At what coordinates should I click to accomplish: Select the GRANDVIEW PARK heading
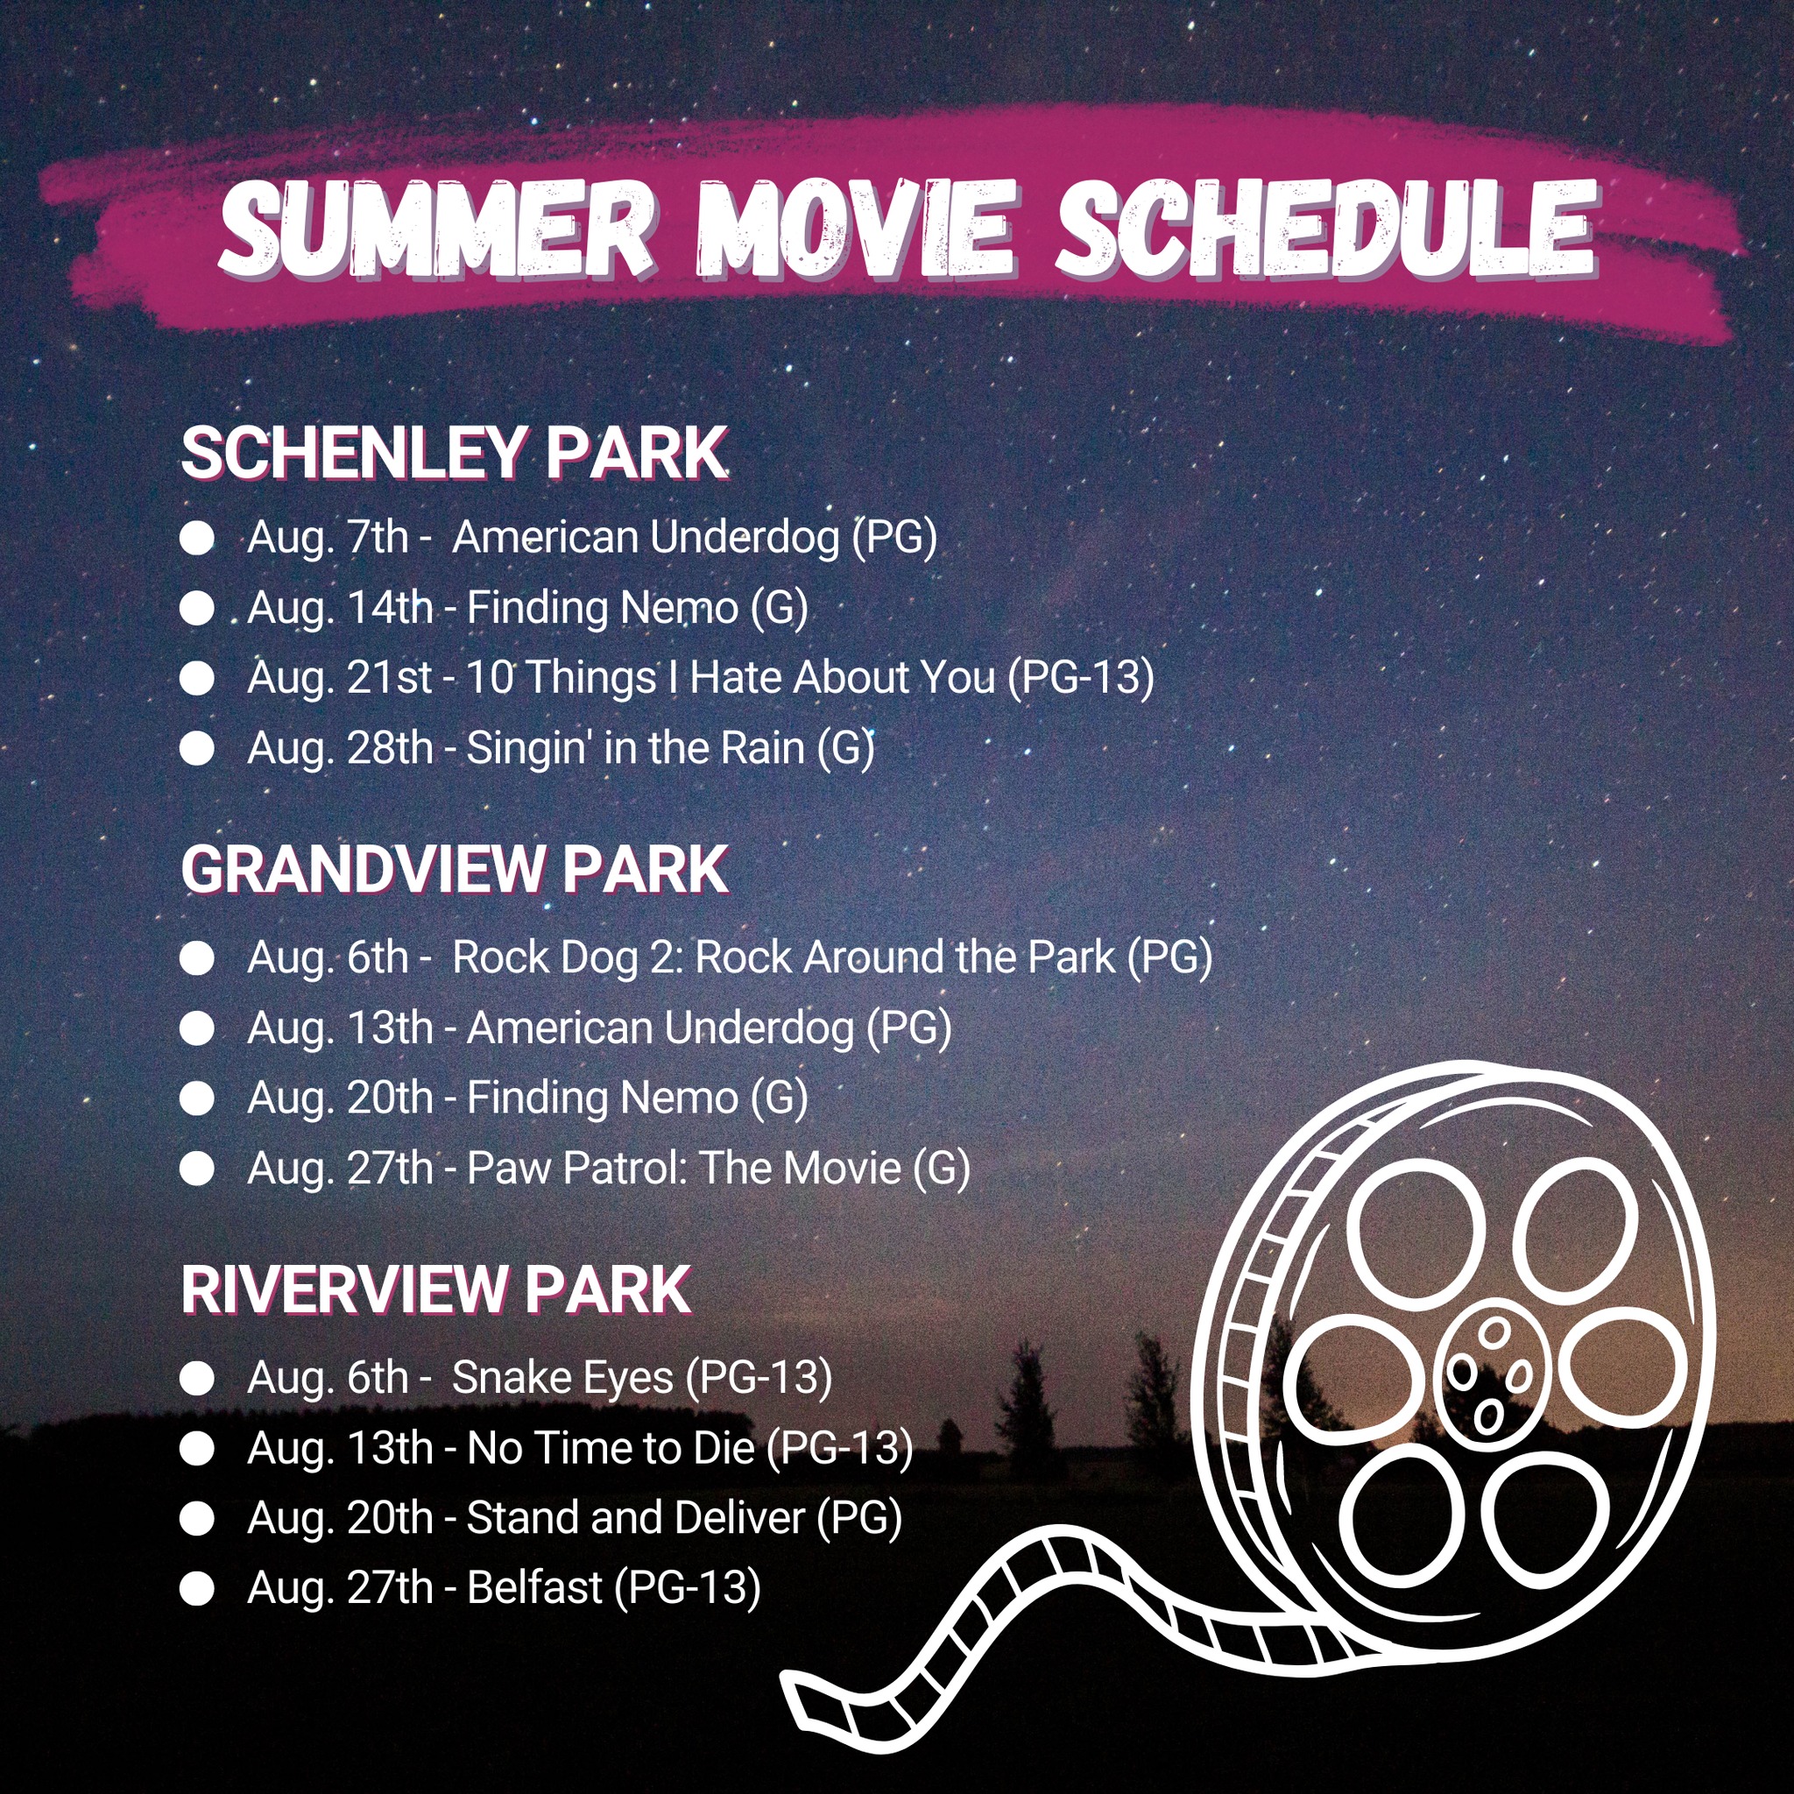click(x=454, y=870)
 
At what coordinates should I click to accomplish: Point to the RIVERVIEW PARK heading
click(x=435, y=1289)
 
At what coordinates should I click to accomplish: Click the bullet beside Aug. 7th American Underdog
click(x=197, y=539)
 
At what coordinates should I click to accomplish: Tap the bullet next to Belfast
click(x=197, y=1588)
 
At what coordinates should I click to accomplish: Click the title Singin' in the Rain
click(x=635, y=748)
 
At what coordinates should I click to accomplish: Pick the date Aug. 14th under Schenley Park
click(x=340, y=608)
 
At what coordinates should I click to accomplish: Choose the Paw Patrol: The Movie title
click(x=683, y=1169)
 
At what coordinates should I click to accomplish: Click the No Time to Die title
click(x=611, y=1448)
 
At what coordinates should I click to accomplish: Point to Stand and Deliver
click(x=635, y=1518)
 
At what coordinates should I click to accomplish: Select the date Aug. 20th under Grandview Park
click(x=340, y=1098)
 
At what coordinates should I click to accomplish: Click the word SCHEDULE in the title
click(x=1326, y=228)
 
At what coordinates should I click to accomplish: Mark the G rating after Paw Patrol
click(x=942, y=1169)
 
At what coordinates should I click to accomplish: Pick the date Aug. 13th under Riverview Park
click(x=340, y=1448)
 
